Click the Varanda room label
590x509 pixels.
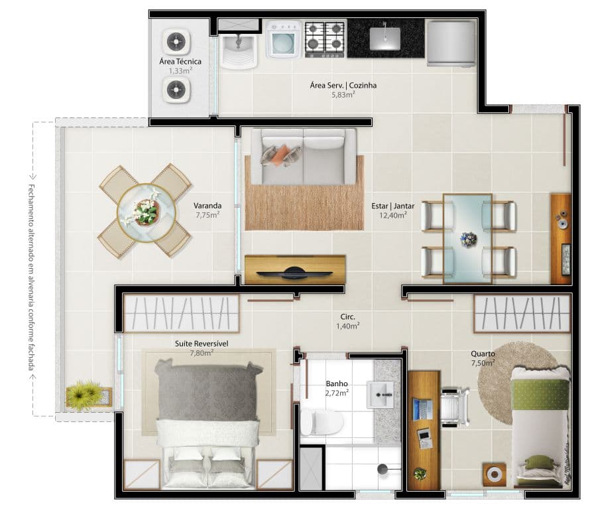(207, 206)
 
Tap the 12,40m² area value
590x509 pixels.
(393, 216)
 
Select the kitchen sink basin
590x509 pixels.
(385, 38)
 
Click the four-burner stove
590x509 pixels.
(324, 39)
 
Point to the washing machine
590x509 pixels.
(283, 39)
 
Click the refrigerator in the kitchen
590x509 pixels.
(451, 43)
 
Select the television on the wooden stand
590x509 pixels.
(294, 273)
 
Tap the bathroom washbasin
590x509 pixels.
(380, 394)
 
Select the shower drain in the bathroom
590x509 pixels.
(383, 469)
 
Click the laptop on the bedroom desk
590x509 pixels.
(422, 410)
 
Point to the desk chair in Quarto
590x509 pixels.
(454, 407)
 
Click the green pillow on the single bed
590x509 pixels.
(538, 462)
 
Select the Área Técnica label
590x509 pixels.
(180, 62)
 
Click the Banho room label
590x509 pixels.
(337, 384)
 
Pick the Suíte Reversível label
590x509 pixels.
(202, 344)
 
